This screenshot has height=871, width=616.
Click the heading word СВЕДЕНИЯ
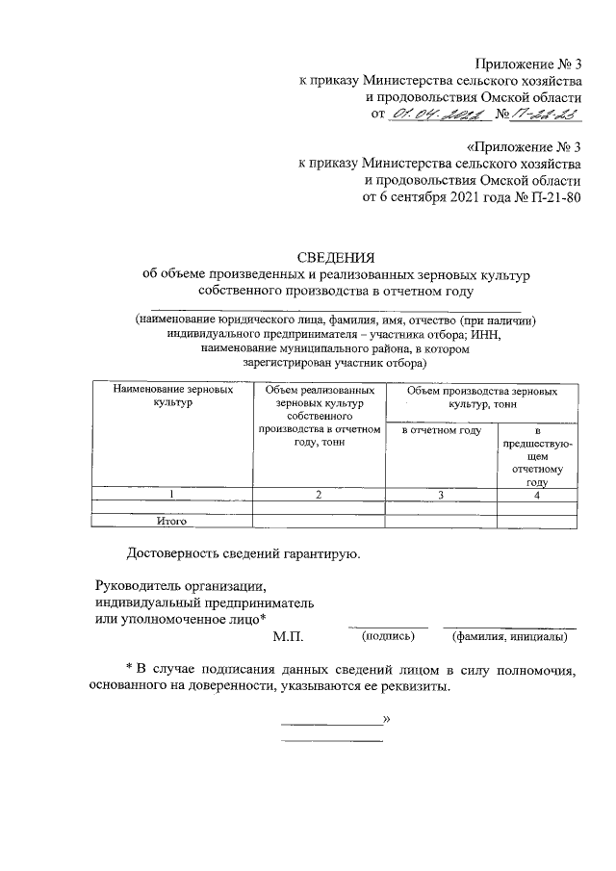point(336,257)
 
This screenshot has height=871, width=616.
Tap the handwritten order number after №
point(546,115)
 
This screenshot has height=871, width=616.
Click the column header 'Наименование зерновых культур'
point(171,397)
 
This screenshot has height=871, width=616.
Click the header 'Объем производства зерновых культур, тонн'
point(480,397)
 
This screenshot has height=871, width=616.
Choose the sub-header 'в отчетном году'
point(440,430)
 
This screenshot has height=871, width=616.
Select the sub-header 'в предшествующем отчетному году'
point(537,456)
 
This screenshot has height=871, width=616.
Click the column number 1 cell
point(171,495)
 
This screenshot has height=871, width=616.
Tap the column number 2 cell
point(318,495)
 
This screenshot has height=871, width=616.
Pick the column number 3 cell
point(440,495)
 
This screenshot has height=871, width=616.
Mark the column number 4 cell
point(537,495)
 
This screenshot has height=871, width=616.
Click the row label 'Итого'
point(171,522)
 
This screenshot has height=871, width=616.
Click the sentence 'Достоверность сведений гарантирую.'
point(244,554)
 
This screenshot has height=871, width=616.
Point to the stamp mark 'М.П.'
point(288,637)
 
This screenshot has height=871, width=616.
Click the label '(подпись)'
point(388,637)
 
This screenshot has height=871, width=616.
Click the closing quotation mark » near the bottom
point(386,719)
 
